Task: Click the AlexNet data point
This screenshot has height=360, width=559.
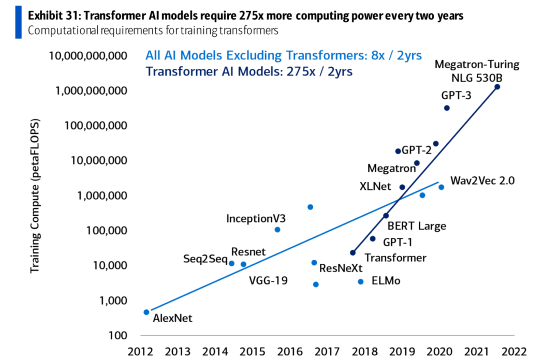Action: (x=146, y=312)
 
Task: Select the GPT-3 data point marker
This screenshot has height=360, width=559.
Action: (x=447, y=108)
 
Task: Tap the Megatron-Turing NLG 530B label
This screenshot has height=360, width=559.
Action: (x=476, y=71)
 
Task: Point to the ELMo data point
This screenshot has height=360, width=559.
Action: (x=361, y=281)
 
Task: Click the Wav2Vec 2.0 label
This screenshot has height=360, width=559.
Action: (x=482, y=181)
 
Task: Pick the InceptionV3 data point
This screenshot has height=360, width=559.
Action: (x=277, y=229)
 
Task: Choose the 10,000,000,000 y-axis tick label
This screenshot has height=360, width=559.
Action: (x=89, y=55)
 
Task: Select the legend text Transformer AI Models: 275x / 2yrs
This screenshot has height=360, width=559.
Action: (x=249, y=71)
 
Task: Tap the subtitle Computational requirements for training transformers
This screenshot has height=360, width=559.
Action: (x=153, y=31)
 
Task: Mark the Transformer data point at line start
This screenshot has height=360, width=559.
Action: (x=353, y=252)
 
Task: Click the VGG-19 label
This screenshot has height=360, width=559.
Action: (x=268, y=281)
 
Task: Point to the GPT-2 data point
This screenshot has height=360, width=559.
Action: (x=398, y=151)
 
